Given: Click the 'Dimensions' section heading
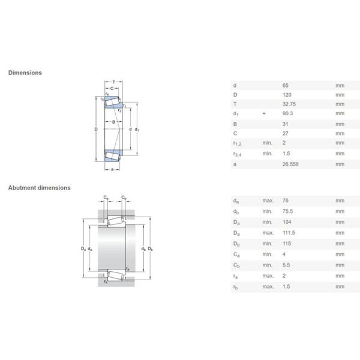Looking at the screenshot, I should [25, 73].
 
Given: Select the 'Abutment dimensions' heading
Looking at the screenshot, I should [39, 188].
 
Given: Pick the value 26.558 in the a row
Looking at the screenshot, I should [290, 164].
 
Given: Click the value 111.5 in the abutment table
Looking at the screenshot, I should [289, 232].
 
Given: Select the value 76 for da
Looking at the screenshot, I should [285, 201].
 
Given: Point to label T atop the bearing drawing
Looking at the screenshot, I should [113, 81].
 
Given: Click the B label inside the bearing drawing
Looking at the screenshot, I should [113, 122].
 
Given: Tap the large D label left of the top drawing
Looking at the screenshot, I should [95, 129].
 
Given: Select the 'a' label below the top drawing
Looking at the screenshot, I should [113, 169].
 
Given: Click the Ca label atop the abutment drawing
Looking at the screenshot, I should [106, 197].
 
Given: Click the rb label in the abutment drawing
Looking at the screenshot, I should [106, 281].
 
